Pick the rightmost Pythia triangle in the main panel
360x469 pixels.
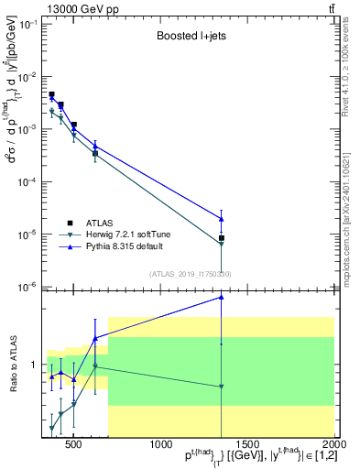tap(222, 218)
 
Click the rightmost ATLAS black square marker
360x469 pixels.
tap(222, 238)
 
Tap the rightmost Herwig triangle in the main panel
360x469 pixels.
tap(222, 245)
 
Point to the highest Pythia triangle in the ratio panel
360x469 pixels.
tap(222, 297)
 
